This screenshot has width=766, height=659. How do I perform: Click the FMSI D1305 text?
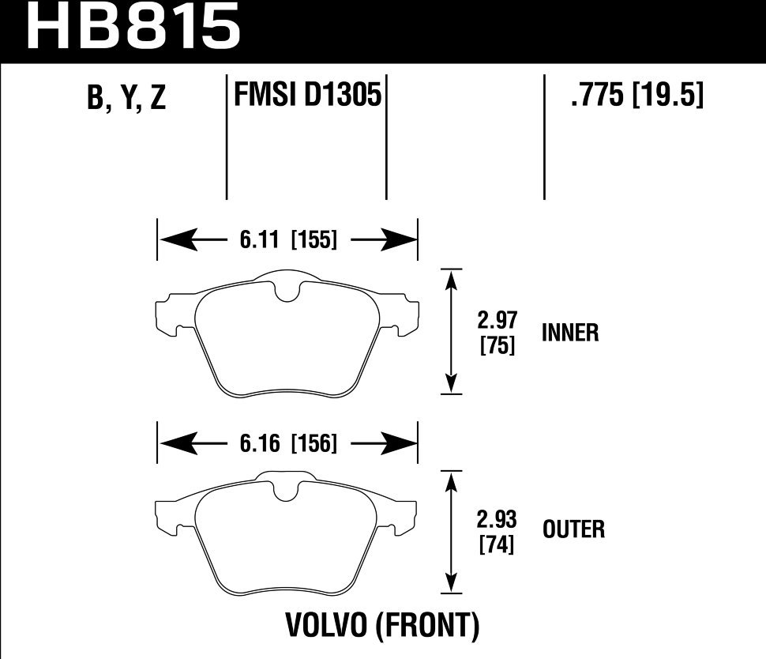[307, 96]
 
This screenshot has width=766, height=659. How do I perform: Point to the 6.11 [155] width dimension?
[287, 239]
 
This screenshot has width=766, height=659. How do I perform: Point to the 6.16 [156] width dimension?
[287, 445]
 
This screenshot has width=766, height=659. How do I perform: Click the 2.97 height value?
[498, 321]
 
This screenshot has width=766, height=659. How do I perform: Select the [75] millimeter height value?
[498, 345]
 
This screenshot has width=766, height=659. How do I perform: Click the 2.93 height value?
[498, 520]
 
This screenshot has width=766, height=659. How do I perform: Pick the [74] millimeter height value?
[498, 544]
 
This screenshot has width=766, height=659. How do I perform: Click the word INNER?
[570, 333]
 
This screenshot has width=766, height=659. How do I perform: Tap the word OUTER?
[573, 529]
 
